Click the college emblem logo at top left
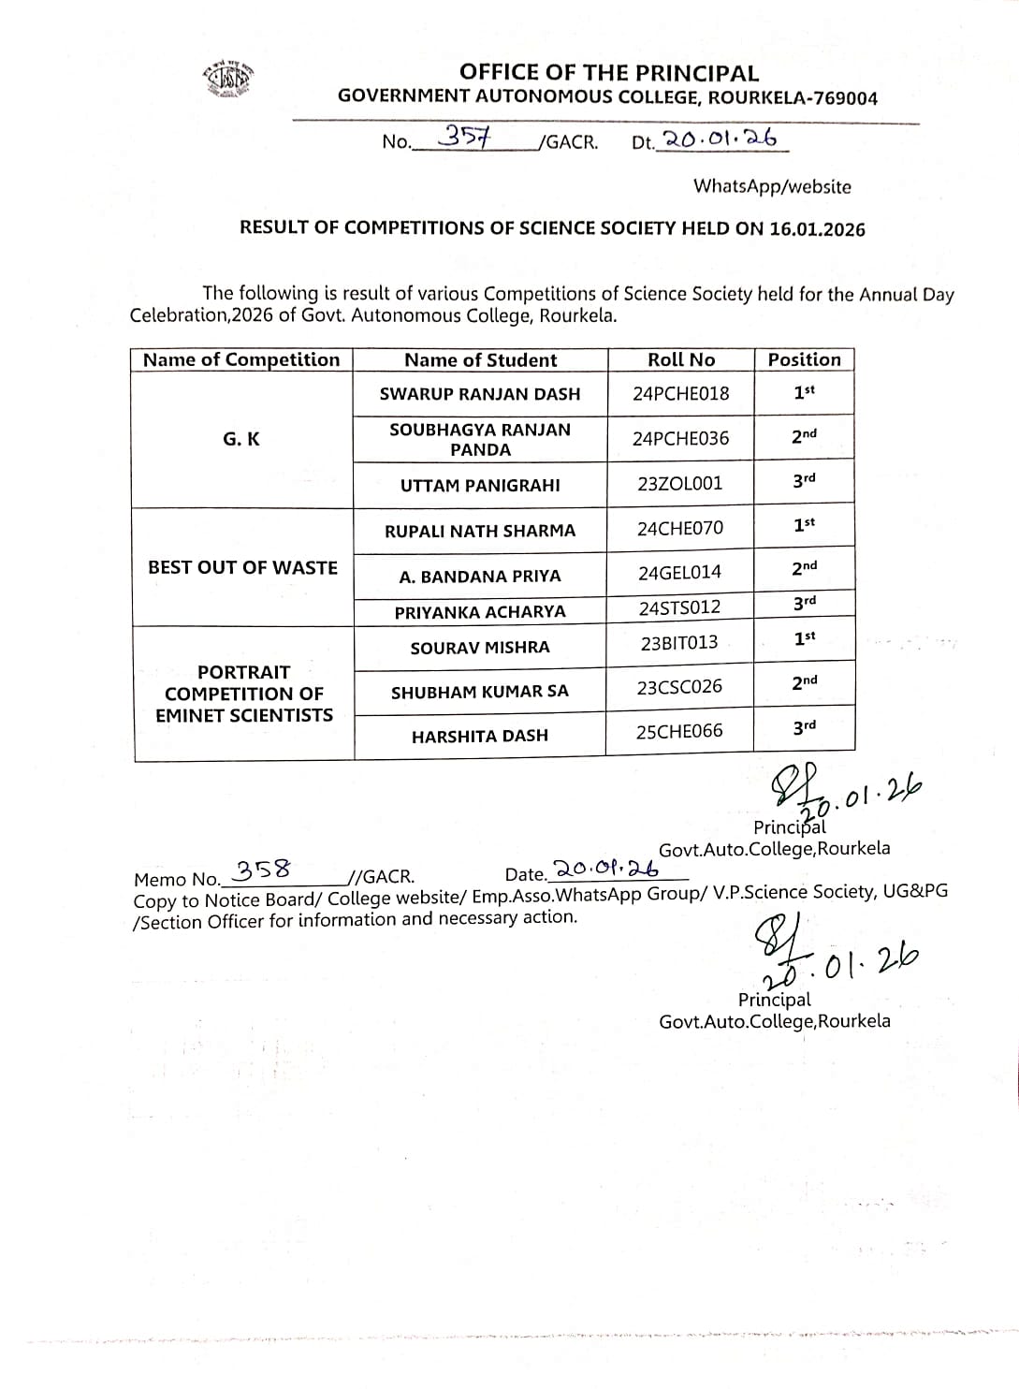229,80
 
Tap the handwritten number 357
465,137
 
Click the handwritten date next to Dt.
720,139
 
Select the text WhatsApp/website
772,186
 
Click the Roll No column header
681,359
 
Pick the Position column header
804,359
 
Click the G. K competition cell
241,438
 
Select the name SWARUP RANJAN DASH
480,394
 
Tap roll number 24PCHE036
680,438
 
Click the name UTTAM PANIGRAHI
480,485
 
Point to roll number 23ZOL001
680,483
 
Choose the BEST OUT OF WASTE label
242,567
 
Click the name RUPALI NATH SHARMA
480,531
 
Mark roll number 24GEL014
680,572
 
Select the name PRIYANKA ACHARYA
480,612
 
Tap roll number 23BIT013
680,642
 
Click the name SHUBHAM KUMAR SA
480,693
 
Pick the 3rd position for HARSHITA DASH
804,726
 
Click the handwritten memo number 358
262,870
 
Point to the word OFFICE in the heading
498,72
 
